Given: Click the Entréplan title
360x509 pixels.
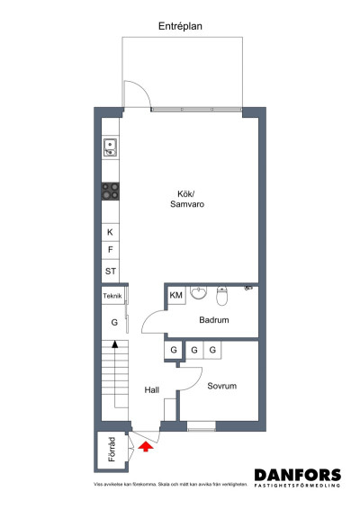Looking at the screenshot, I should (180, 27).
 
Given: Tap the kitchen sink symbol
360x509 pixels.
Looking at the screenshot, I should (111, 147).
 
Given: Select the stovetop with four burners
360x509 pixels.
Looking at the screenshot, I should (111, 190).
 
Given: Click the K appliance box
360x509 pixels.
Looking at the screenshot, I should (111, 231).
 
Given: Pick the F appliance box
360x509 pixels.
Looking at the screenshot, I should (111, 250).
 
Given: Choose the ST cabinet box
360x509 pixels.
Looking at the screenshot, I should (111, 270).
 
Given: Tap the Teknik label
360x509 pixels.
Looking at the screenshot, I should (112, 296).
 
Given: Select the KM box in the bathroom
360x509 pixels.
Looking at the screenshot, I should (176, 295).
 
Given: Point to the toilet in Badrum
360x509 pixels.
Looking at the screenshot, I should (224, 295).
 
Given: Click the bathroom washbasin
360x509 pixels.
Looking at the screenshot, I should (198, 291).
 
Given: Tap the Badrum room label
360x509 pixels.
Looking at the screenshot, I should (214, 320).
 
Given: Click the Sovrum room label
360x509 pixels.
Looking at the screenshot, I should (221, 386).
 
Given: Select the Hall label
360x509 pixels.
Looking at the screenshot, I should (151, 389).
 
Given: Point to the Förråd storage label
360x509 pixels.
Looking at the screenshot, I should (112, 451).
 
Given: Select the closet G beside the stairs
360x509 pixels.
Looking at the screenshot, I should (114, 321).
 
